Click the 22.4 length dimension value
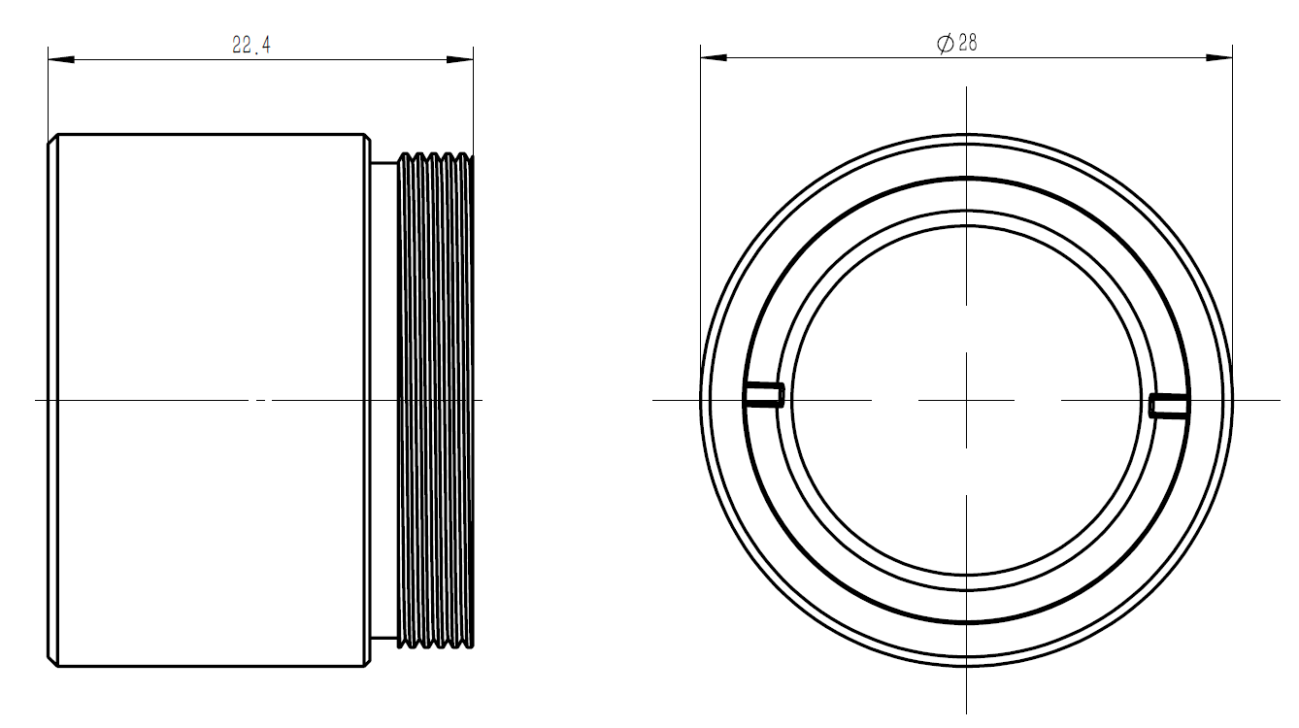pos(251,46)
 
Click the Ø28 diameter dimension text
pos(957,43)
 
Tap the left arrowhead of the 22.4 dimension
pos(61,59)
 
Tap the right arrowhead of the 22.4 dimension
pos(460,59)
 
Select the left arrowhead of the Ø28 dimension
pos(714,57)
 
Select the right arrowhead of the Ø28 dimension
pos(1219,57)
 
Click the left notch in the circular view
pos(764,394)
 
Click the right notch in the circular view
pos(1169,405)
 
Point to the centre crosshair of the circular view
pos(966,400)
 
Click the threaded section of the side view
pos(436,400)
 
